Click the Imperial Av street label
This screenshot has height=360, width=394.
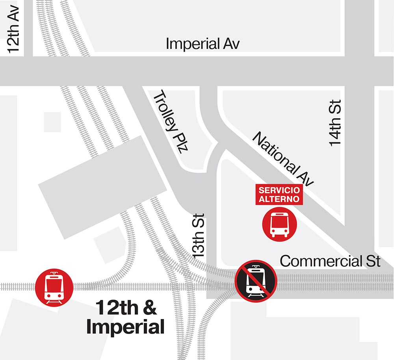(203, 43)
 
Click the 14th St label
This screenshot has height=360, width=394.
(335, 123)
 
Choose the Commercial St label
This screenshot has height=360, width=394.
(330, 261)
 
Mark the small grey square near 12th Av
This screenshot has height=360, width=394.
(53, 122)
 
